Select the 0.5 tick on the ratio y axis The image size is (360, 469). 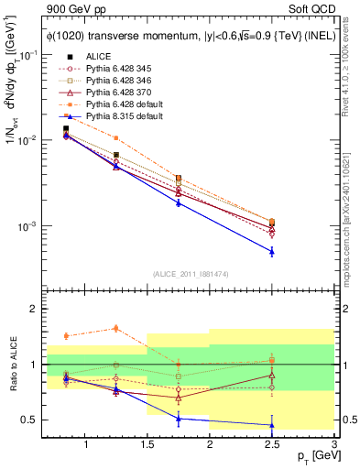tap(31, 420)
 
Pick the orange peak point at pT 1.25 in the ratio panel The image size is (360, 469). tap(116, 328)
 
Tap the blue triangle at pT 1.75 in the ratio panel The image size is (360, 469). tap(179, 419)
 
